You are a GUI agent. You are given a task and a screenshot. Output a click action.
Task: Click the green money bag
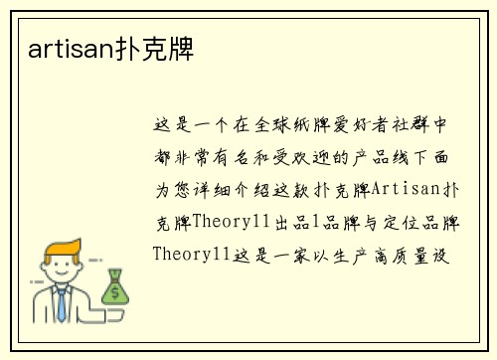point(115,287)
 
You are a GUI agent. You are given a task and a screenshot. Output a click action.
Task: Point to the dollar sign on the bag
point(115,291)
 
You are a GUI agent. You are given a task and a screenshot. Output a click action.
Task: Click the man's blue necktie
point(62,303)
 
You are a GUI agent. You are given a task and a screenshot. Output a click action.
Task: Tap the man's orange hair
point(59,248)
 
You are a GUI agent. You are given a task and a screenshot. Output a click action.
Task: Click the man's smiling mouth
point(61,277)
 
